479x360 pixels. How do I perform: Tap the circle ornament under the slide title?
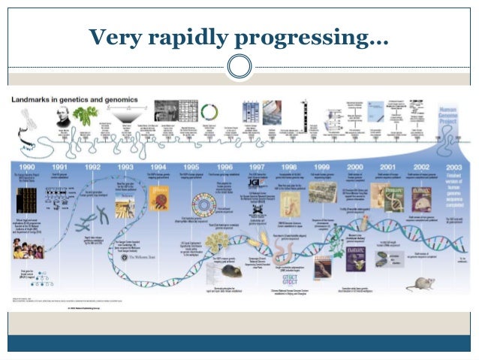coord(239,66)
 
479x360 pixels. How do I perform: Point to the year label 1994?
coord(158,166)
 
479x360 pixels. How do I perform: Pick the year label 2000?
coord(354,166)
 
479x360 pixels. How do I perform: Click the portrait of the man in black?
coord(63,116)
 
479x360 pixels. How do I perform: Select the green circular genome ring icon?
coord(208,113)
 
